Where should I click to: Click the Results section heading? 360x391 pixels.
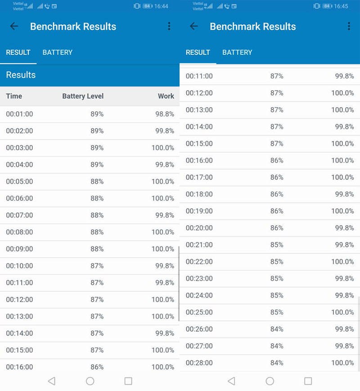click(x=21, y=75)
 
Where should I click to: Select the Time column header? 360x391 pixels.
click(x=14, y=96)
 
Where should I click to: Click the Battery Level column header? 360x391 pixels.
click(x=83, y=96)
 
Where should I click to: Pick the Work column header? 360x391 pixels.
click(x=166, y=96)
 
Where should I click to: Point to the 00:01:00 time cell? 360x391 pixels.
click(x=19, y=114)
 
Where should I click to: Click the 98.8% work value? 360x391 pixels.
click(x=165, y=114)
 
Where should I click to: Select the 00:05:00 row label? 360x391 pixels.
click(x=19, y=182)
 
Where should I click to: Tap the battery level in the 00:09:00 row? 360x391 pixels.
click(x=97, y=249)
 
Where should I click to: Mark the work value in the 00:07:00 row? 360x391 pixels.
click(x=165, y=215)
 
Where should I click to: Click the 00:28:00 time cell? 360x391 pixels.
click(x=199, y=363)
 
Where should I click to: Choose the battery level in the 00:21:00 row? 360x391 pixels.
click(x=277, y=245)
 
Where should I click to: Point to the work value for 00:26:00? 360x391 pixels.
click(x=345, y=329)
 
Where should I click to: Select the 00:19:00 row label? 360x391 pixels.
click(x=199, y=211)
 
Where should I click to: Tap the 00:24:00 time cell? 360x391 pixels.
click(x=199, y=296)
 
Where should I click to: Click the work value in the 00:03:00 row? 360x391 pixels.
click(x=163, y=148)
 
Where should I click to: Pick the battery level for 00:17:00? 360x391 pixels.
click(x=277, y=177)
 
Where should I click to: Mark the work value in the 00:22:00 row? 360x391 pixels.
click(x=343, y=262)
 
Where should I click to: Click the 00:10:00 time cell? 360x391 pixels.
click(x=19, y=266)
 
